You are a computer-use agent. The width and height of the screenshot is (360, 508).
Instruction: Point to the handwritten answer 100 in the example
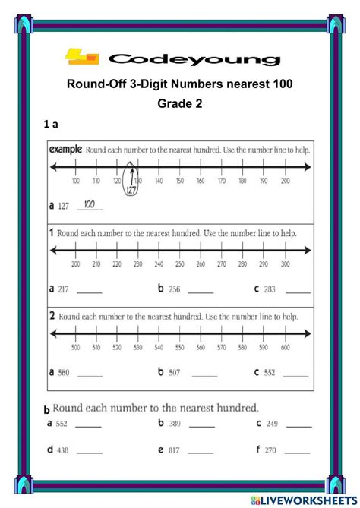(90, 204)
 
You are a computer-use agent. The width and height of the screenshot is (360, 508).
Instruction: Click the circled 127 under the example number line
(131, 189)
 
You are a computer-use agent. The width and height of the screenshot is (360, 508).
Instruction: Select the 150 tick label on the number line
(178, 181)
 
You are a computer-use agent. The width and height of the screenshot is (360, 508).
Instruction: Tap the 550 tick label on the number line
(178, 347)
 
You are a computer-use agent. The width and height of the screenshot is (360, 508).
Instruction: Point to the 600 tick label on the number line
(284, 347)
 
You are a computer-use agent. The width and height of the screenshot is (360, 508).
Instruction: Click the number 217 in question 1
(64, 289)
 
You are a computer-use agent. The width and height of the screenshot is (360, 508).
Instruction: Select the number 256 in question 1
(175, 289)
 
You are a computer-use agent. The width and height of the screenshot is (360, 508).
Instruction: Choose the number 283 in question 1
(270, 289)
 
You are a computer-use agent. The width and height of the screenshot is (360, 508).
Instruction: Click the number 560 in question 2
(64, 373)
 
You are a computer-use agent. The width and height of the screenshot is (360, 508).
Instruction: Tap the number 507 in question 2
(175, 373)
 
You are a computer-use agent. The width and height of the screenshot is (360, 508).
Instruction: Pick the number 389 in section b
(175, 424)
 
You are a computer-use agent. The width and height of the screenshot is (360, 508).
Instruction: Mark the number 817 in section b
(175, 450)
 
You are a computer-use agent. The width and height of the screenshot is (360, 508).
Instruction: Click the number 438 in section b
(62, 450)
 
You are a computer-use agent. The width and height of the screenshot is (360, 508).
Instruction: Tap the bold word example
(65, 150)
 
